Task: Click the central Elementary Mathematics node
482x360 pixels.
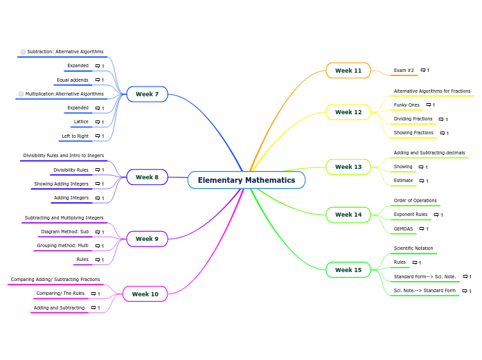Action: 246,180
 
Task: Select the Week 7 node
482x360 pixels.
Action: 147,94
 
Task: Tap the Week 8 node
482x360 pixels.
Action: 147,177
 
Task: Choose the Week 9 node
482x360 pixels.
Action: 147,239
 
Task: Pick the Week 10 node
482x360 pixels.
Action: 145,294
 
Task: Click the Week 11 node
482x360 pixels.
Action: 348,71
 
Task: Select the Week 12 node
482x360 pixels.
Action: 348,112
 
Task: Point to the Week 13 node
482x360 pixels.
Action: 348,167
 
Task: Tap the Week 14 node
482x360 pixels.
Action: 348,215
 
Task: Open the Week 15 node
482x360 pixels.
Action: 348,270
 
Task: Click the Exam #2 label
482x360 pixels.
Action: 404,71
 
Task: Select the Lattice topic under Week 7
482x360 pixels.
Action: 81,122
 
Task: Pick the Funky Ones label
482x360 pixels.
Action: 407,105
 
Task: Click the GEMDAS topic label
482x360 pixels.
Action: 403,228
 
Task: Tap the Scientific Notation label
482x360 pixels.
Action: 413,249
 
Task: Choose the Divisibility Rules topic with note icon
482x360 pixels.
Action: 71,170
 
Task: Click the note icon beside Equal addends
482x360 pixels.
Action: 98,80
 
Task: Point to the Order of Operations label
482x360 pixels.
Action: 415,201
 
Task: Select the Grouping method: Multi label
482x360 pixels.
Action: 62,246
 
